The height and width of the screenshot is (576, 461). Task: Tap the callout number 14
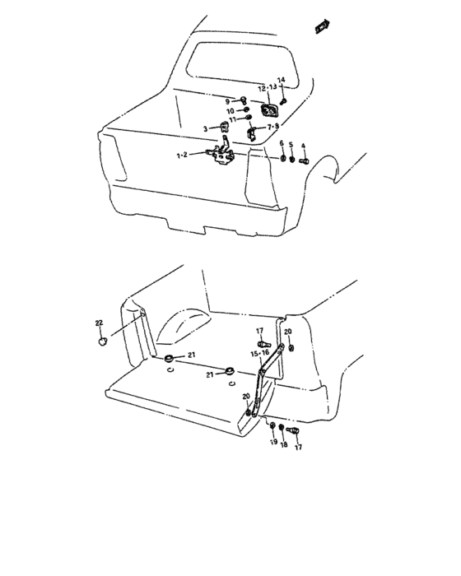point(280,80)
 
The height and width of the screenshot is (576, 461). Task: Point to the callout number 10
point(231,110)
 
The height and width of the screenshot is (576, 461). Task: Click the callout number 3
point(207,128)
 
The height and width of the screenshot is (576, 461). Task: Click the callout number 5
point(291,144)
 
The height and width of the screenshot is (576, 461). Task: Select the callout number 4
point(303,145)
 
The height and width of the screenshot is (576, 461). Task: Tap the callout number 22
point(99,323)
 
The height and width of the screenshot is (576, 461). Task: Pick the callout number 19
point(272,442)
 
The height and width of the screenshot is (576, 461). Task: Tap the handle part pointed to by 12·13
point(269,111)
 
